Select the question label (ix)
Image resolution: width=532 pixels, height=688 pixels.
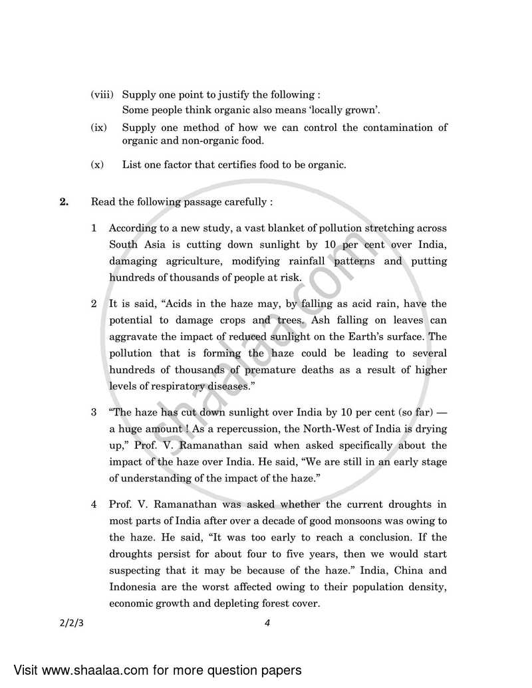click(x=99, y=127)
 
